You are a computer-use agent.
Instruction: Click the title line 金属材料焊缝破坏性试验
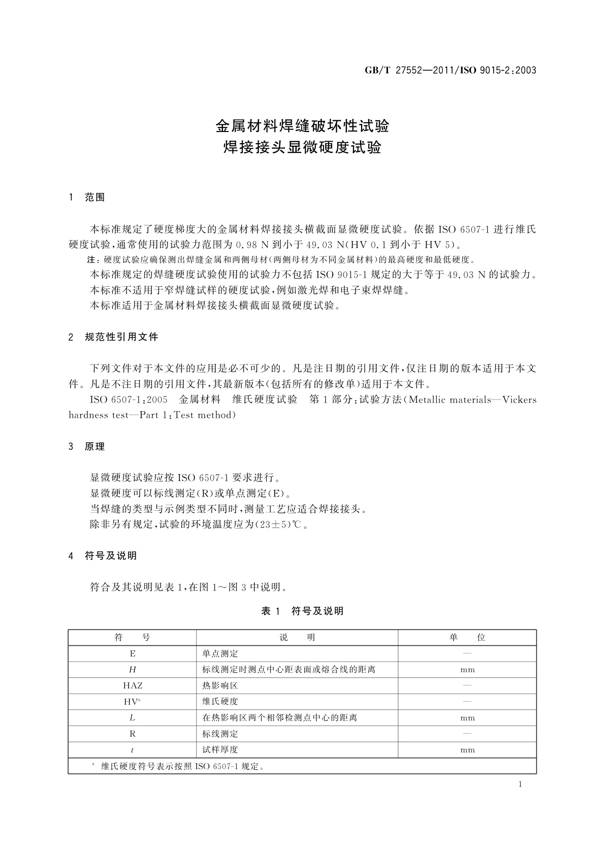(x=302, y=125)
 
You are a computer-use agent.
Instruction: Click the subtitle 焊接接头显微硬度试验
(x=302, y=148)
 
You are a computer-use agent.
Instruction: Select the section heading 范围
(x=95, y=198)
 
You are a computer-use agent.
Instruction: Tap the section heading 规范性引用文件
(x=121, y=337)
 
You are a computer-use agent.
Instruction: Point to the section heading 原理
(x=95, y=447)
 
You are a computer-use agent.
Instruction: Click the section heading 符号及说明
(x=111, y=556)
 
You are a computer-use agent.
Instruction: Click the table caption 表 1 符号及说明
(x=302, y=611)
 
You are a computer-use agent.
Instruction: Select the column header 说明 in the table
(x=297, y=638)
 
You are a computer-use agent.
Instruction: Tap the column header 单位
(x=467, y=638)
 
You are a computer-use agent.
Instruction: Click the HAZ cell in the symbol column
(x=133, y=685)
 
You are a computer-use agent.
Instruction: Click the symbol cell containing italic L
(x=133, y=718)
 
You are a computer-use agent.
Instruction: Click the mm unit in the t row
(x=467, y=750)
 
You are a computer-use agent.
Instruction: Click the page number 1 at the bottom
(x=520, y=784)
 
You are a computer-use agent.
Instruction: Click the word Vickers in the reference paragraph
(x=519, y=400)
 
